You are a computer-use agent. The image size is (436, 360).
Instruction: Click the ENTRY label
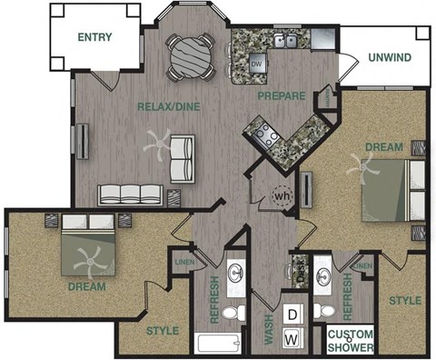tap(95, 37)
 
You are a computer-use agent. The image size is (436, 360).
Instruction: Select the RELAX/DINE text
tap(168, 107)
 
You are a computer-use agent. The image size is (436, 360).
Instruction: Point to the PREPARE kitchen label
tap(280, 95)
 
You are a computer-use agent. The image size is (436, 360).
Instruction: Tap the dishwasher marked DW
tap(257, 65)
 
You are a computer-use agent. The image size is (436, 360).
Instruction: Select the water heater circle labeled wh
tap(282, 195)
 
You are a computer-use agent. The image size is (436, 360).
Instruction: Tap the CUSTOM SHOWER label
tap(350, 338)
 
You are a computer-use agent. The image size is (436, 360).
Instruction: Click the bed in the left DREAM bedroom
tap(88, 247)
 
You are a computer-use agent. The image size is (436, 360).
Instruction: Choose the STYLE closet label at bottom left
tap(163, 330)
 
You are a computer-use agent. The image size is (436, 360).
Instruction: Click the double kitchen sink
tap(287, 40)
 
